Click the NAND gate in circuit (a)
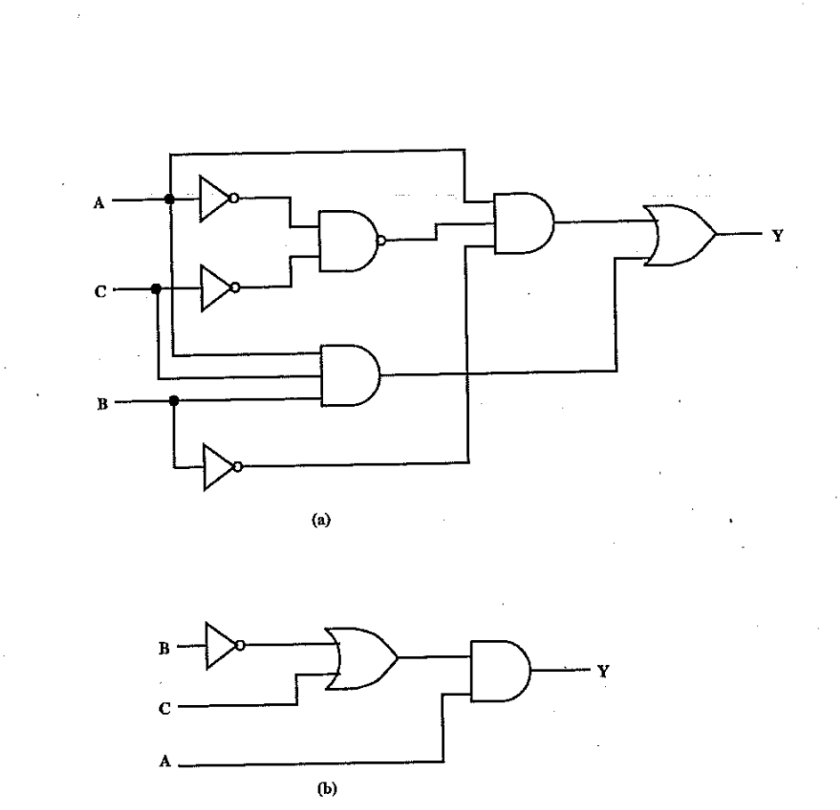350,240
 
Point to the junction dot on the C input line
157,288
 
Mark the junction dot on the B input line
174,401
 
